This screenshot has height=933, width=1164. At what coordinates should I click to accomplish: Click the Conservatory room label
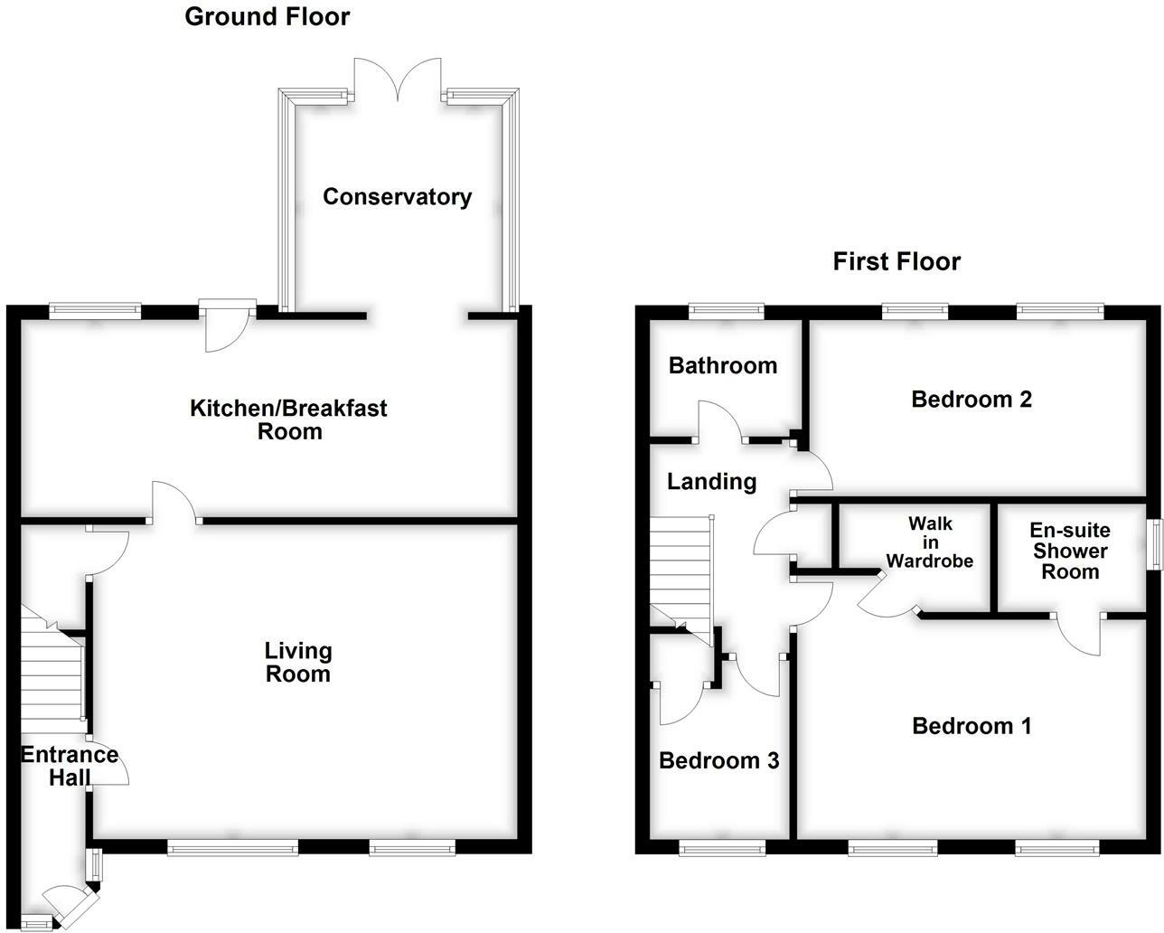coord(397,197)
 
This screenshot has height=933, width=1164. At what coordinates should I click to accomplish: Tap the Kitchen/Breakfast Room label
coord(288,419)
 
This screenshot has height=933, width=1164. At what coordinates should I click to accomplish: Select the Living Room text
coord(297,662)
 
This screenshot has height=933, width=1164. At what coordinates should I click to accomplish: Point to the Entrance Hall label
coord(70,766)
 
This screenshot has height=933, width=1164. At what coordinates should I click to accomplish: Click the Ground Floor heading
coord(267,16)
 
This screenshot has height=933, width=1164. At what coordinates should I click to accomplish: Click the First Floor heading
coord(896,262)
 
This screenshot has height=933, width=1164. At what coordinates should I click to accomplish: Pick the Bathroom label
coord(722,365)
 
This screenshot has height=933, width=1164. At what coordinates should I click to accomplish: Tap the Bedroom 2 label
coord(972,399)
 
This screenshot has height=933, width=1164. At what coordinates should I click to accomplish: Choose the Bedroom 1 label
coord(972,726)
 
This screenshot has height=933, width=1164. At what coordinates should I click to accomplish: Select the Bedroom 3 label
coord(718,760)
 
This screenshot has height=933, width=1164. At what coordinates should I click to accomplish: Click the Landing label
coord(711,482)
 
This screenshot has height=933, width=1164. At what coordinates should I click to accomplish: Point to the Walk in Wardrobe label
coord(929,542)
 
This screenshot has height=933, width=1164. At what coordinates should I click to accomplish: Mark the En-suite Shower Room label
coord(1069,551)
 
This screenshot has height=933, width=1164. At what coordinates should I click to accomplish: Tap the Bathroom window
coord(726,311)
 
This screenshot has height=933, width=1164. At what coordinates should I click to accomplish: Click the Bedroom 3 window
coord(721,848)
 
